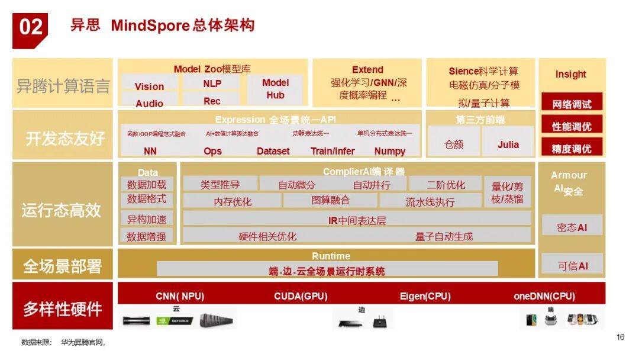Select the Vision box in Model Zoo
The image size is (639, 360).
tap(149, 86)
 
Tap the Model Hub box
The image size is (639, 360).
tap(275, 89)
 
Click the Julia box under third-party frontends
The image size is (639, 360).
tap(508, 144)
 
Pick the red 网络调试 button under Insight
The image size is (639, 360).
tap(572, 104)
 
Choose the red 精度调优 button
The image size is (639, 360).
tap(572, 148)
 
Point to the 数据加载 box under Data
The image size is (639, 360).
tap(147, 185)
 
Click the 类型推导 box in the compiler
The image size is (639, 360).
tap(220, 185)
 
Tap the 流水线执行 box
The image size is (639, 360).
tap(430, 201)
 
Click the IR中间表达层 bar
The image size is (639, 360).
tap(357, 220)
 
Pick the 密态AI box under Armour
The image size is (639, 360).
tap(572, 227)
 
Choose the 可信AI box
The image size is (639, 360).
tap(572, 266)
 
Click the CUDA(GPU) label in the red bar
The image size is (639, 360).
tap(301, 296)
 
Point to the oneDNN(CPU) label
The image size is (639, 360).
tap(544, 296)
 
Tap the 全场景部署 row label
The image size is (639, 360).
tap(63, 266)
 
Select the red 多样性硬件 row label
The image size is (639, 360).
tap(63, 308)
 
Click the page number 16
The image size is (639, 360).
tap(620, 337)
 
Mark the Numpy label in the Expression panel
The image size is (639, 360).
tap(390, 151)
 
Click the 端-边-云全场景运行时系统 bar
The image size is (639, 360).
tap(327, 271)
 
